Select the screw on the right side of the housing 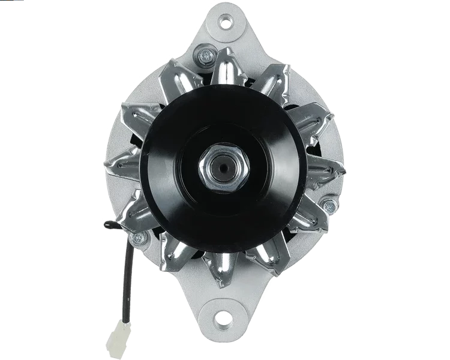click(x=327, y=206)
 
